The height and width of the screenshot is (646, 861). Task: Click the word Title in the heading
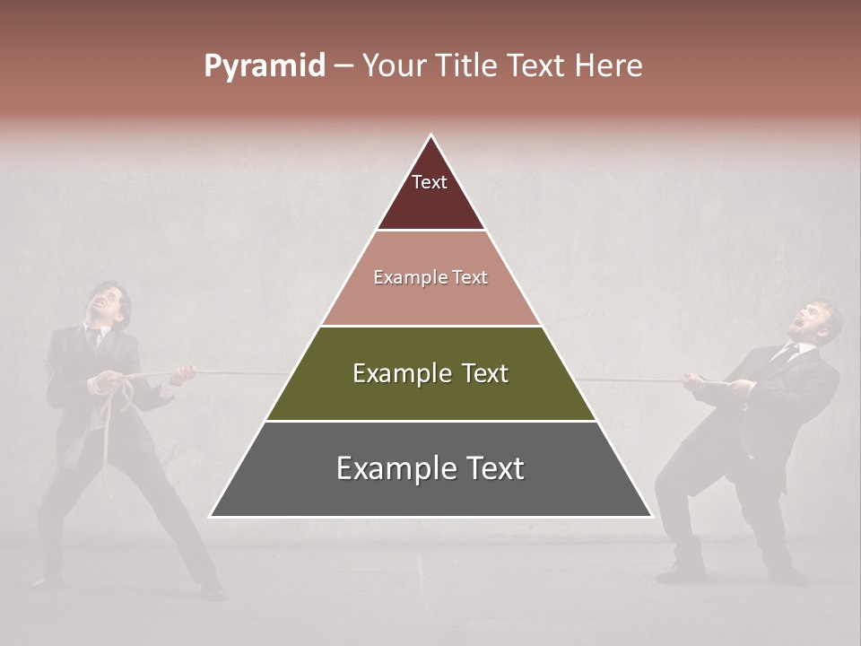466,66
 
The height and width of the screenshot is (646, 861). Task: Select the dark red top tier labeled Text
430,193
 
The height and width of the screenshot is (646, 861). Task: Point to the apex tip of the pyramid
431,137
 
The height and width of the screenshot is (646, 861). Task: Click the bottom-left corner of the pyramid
212,516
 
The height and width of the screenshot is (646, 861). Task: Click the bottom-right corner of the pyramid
651,516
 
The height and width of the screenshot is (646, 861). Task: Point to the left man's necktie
93,339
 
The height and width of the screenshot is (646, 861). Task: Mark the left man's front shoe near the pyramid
212,589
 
